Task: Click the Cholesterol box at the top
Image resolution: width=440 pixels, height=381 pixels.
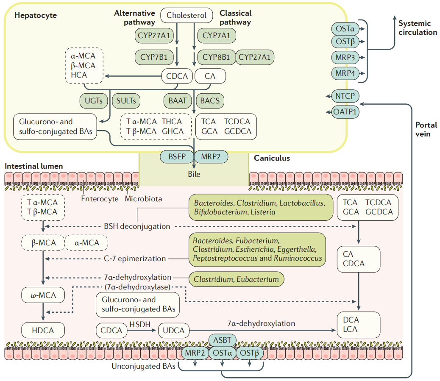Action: pyautogui.click(x=187, y=16)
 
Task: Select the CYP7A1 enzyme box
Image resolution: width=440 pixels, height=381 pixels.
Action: pyautogui.click(x=216, y=36)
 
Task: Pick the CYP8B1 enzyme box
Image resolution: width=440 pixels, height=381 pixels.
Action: pyautogui.click(x=216, y=57)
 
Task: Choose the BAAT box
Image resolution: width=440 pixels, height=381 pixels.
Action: pyautogui.click(x=178, y=100)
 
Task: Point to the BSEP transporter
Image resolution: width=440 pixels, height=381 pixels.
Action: pyautogui.click(x=176, y=156)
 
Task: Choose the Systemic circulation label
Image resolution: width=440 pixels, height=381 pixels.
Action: pyautogui.click(x=417, y=28)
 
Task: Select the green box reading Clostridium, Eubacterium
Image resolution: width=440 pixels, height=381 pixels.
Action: pyautogui.click(x=236, y=279)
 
